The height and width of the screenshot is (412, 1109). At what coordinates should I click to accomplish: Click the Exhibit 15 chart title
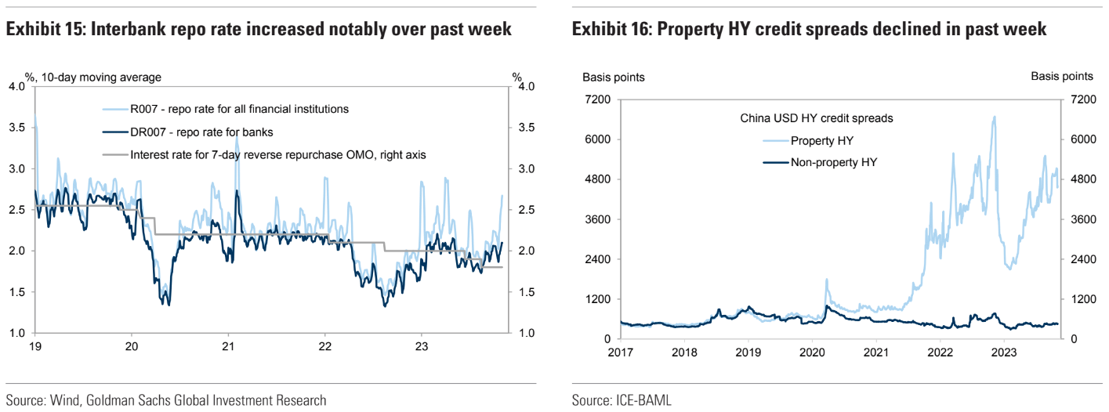click(259, 30)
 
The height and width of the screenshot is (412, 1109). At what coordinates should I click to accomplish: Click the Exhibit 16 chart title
click(810, 30)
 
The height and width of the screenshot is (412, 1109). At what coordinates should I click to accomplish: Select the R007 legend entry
click(239, 109)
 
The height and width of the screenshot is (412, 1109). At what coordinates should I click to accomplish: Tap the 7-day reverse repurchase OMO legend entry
click(278, 154)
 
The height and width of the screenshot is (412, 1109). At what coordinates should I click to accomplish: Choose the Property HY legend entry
click(821, 141)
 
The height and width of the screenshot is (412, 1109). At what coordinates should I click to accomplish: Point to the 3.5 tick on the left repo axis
click(16, 128)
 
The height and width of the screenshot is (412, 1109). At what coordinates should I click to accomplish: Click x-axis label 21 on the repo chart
click(228, 346)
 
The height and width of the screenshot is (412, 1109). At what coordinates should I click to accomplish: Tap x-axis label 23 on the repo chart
click(422, 346)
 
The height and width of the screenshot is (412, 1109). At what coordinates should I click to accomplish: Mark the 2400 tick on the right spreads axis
click(1078, 259)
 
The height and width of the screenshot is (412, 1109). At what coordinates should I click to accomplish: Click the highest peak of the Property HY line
click(995, 117)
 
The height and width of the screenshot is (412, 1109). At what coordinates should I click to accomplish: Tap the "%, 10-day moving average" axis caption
click(93, 77)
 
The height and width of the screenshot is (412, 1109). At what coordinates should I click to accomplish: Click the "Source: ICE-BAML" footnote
click(622, 400)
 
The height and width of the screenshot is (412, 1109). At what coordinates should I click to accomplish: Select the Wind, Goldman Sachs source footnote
click(165, 400)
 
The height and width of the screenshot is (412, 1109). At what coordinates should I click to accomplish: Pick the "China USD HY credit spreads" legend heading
click(817, 119)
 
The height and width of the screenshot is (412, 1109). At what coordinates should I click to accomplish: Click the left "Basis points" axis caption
click(613, 77)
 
